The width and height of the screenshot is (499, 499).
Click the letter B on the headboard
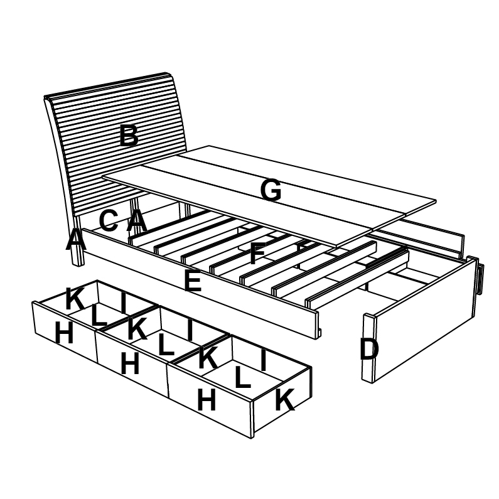click(x=129, y=136)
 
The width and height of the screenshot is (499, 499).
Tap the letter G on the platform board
click(x=271, y=191)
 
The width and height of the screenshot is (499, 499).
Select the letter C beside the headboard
click(x=109, y=220)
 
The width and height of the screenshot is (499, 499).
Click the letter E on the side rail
click(x=193, y=282)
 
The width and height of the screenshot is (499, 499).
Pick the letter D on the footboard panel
click(x=369, y=350)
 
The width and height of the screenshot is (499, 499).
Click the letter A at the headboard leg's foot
click(x=75, y=240)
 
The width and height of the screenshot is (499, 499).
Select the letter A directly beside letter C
click(x=137, y=221)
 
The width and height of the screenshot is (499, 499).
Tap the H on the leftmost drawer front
click(x=64, y=333)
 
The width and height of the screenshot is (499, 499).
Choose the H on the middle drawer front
click(x=130, y=364)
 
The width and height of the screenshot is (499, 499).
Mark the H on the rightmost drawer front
click(x=207, y=400)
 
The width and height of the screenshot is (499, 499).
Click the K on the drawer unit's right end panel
click(x=284, y=400)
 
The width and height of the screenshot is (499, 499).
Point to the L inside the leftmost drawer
click(x=98, y=316)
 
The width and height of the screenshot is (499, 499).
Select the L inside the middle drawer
click(x=166, y=346)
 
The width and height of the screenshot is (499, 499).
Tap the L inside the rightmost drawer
click(x=242, y=377)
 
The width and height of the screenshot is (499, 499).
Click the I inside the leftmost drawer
click(x=124, y=303)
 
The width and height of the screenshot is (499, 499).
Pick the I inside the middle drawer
click(x=190, y=330)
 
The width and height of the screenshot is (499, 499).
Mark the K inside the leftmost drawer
click(x=75, y=299)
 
